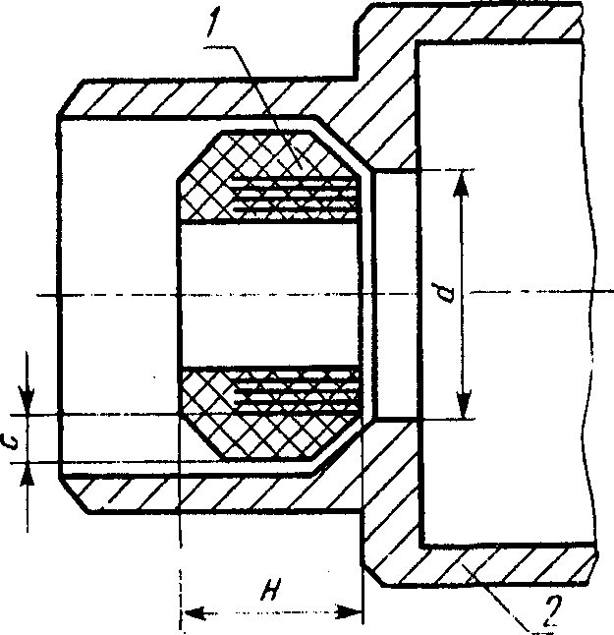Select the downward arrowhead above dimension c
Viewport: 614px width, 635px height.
pyautogui.click(x=29, y=404)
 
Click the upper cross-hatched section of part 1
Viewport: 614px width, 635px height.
pyautogui.click(x=211, y=177)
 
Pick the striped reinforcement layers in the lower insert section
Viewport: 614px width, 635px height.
pyautogui.click(x=295, y=393)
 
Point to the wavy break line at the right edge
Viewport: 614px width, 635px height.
pyautogui.click(x=595, y=295)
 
